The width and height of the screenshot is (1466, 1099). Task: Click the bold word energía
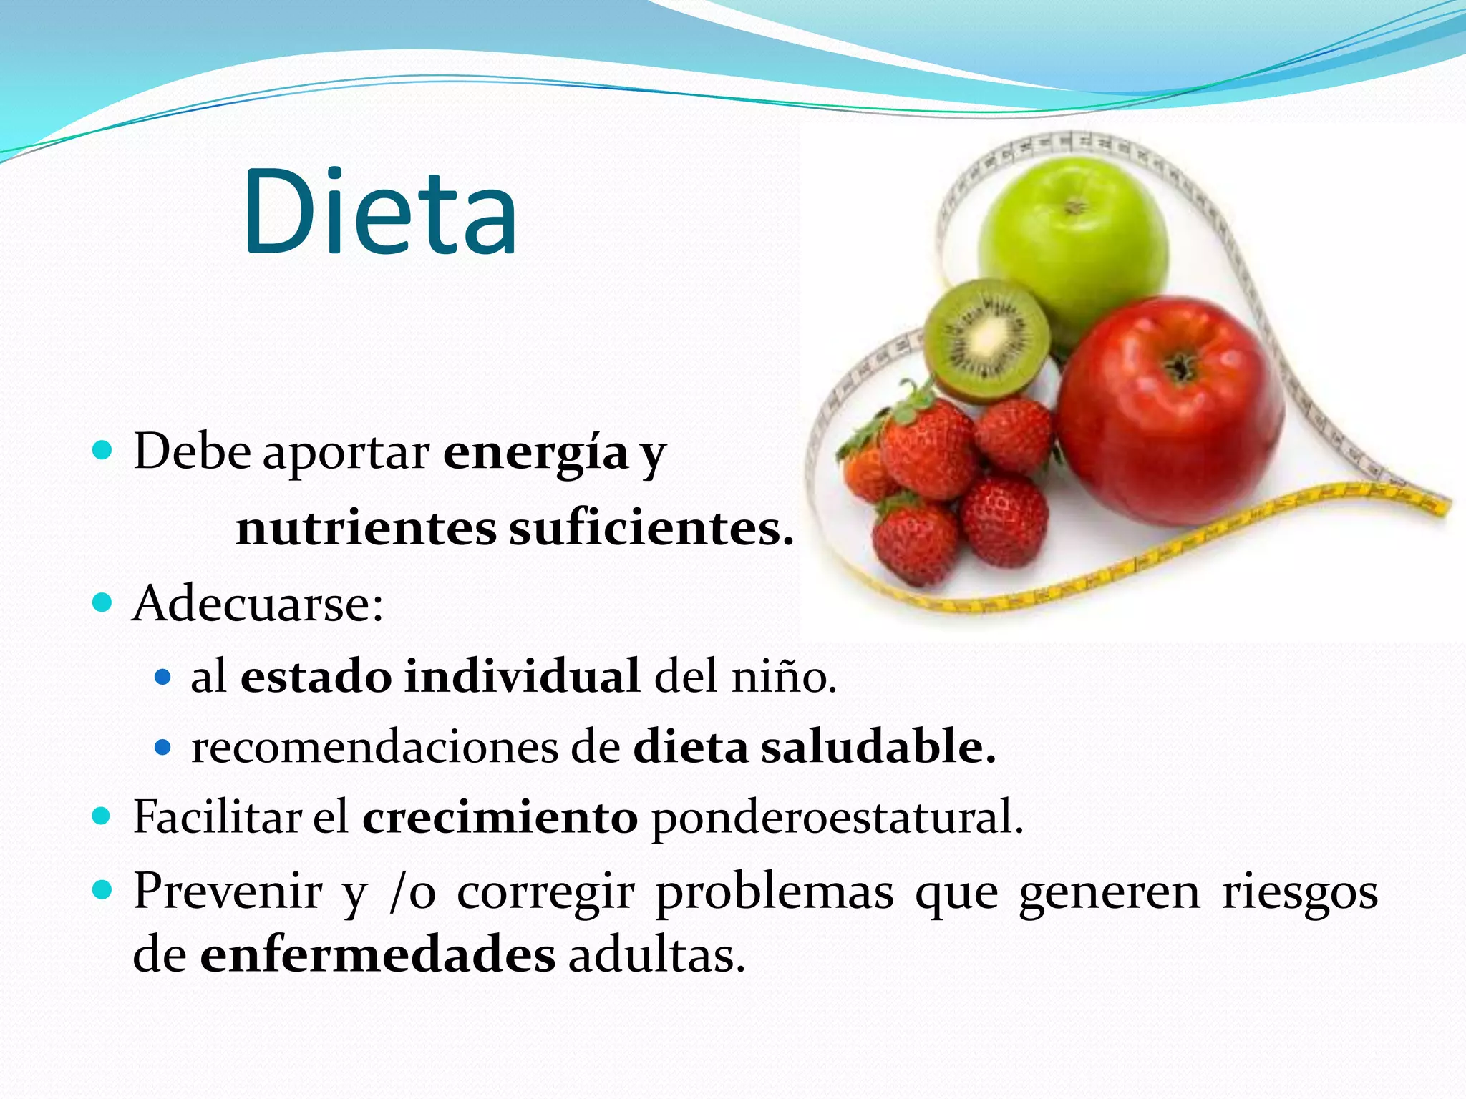point(535,453)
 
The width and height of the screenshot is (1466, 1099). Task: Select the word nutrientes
point(366,529)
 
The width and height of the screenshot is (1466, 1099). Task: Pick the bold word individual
point(522,675)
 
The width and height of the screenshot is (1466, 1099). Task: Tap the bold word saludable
point(877,747)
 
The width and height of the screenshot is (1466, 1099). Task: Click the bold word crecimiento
point(500,817)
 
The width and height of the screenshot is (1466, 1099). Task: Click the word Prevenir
point(228,892)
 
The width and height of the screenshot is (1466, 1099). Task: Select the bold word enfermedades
point(377,954)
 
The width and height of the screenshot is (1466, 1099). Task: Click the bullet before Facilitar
point(102,816)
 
